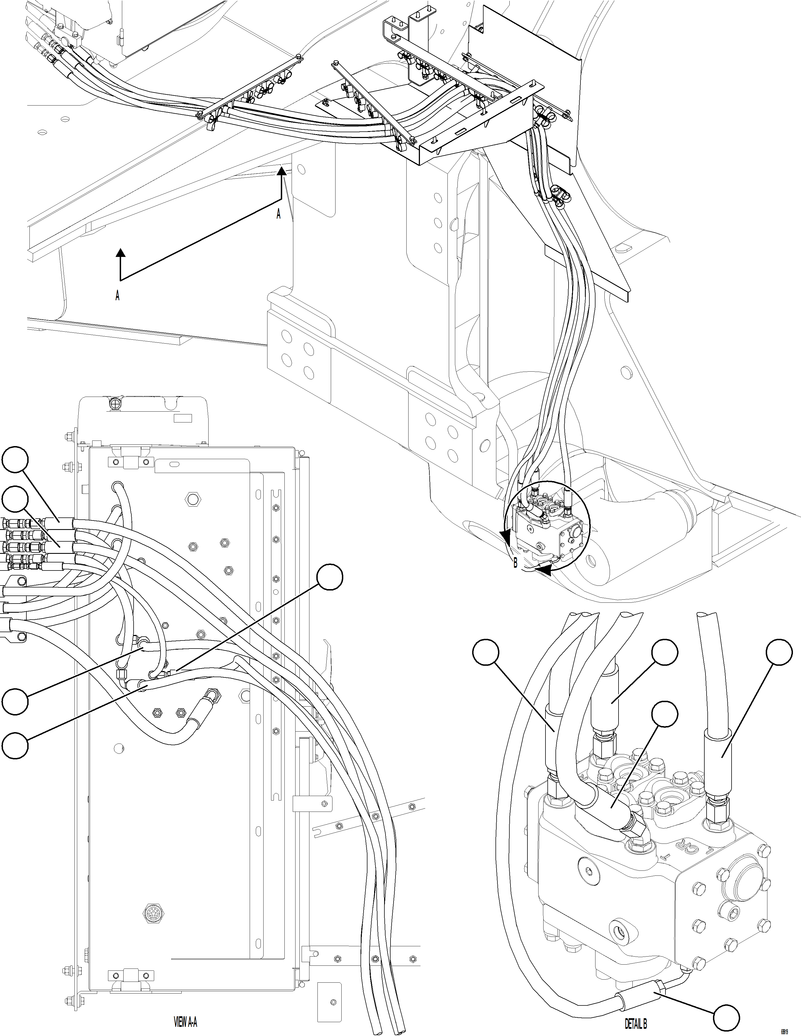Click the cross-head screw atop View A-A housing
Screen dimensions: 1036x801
(x=115, y=403)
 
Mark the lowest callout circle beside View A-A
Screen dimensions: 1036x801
(x=14, y=745)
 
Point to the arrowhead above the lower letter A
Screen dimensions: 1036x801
(x=121, y=252)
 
